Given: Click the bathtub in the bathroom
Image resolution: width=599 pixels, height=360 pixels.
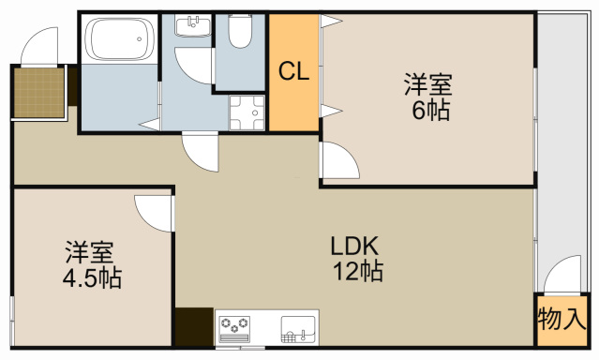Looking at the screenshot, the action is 120,39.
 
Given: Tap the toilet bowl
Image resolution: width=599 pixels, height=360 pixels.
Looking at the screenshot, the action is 240,31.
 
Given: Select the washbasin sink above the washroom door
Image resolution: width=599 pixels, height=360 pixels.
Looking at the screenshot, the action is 193,25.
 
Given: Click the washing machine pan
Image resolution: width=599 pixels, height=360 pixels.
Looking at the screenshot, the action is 247,112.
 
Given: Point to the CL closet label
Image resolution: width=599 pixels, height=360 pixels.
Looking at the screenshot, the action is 293,71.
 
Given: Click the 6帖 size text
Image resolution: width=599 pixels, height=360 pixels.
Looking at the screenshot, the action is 430,110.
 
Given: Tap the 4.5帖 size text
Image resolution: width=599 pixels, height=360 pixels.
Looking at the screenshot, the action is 92,277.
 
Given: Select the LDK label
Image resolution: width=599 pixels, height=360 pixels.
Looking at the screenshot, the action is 354,246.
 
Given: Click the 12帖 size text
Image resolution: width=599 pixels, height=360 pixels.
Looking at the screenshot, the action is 358,271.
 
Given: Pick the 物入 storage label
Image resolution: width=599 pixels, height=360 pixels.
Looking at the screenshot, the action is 562,319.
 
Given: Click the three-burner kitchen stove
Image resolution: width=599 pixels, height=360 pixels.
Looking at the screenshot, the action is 234,329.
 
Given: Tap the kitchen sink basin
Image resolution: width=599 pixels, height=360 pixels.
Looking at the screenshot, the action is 298,329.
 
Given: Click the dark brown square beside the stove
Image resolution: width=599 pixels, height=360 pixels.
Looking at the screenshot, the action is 194,327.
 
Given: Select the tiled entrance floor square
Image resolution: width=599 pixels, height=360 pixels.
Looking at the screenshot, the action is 39,93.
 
